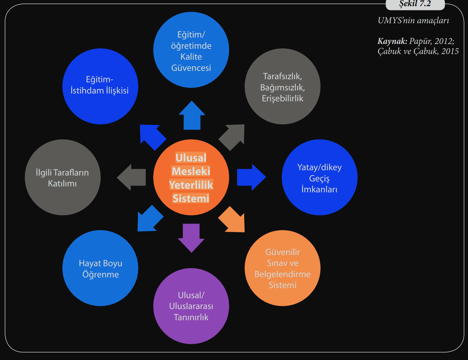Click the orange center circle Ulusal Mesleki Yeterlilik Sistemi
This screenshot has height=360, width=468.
click(x=191, y=177)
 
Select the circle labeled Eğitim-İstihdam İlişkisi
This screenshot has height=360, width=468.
click(x=100, y=86)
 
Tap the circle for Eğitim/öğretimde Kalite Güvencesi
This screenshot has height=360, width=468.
click(x=191, y=50)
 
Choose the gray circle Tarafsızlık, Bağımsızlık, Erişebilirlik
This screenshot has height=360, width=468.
click(x=283, y=86)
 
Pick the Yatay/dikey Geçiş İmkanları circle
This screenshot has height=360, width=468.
click(x=319, y=177)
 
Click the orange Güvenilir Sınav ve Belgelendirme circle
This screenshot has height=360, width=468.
click(x=283, y=268)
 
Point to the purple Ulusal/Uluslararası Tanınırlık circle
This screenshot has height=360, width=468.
click(x=191, y=306)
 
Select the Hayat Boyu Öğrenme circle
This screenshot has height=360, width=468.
click(x=100, y=268)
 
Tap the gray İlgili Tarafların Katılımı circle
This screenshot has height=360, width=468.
click(x=63, y=177)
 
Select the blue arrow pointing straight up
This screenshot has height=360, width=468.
click(x=192, y=116)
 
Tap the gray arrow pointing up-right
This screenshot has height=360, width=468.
click(x=233, y=136)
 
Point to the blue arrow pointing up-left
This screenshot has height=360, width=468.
click(x=152, y=136)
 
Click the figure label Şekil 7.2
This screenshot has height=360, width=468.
click(x=415, y=4)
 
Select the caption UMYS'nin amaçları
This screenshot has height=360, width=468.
click(x=413, y=20)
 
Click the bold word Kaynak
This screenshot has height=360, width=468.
click(x=392, y=41)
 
